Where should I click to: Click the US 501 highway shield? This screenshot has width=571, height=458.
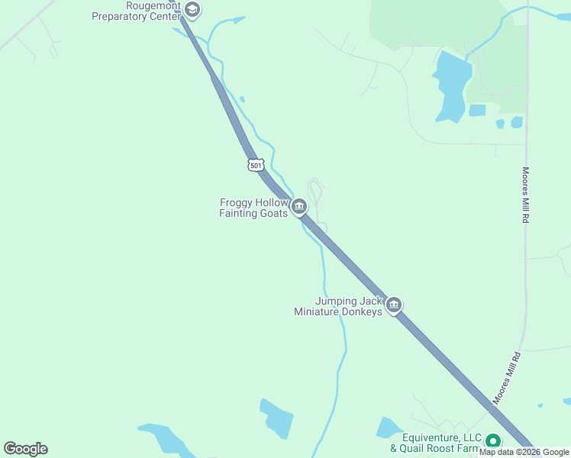[x=256, y=164]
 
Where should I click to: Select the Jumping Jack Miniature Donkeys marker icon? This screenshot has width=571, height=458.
[x=393, y=305]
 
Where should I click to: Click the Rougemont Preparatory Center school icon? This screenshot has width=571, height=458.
[x=192, y=11]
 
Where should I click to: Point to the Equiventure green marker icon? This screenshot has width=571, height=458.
[x=493, y=441]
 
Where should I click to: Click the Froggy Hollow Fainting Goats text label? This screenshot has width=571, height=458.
[x=253, y=208]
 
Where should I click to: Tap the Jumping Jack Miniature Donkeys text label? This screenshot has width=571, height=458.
[x=338, y=306]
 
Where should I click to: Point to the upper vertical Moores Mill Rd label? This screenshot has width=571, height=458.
[x=526, y=195]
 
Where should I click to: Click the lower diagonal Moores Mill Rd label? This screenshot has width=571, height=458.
[x=505, y=378]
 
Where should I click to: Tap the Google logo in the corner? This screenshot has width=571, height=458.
[x=25, y=449]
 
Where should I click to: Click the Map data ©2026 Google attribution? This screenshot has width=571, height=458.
[x=524, y=452]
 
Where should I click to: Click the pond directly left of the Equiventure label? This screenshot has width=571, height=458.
[x=388, y=427]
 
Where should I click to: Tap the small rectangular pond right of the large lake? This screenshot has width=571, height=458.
[x=477, y=110]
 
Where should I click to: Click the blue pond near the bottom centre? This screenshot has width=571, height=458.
[x=276, y=418]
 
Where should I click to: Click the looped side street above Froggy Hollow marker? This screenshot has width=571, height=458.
[x=315, y=188]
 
